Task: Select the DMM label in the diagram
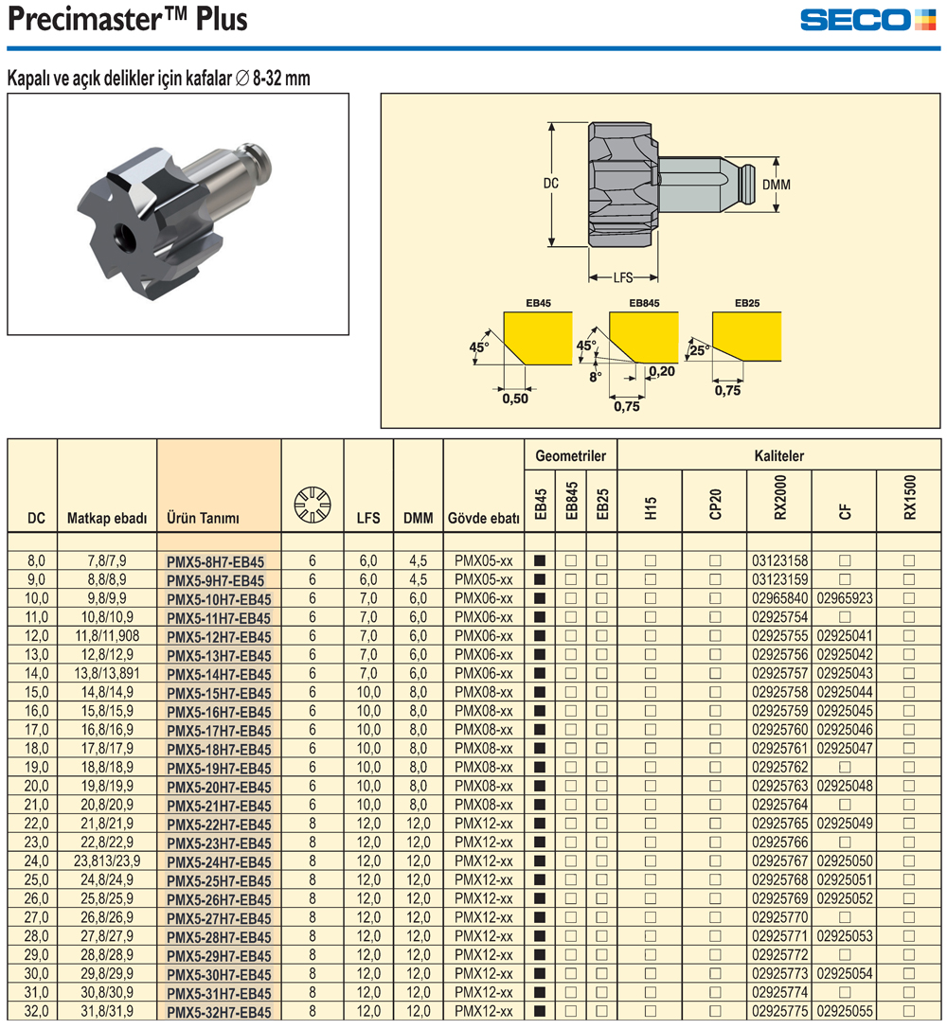tap(776, 184)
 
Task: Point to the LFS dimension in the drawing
tap(622, 278)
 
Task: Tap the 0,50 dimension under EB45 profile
tap(514, 399)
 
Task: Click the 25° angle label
tap(699, 349)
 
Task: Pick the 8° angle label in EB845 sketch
tap(595, 376)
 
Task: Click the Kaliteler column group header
tap(779, 455)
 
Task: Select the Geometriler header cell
tap(570, 455)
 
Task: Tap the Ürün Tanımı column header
tap(204, 518)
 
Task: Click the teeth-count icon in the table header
tap(313, 503)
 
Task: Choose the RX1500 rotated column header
tap(909, 497)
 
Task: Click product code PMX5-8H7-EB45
tap(215, 561)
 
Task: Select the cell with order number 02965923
tap(845, 598)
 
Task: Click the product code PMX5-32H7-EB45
tap(219, 1012)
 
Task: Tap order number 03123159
tap(779, 579)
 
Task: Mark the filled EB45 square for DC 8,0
tap(540, 561)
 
